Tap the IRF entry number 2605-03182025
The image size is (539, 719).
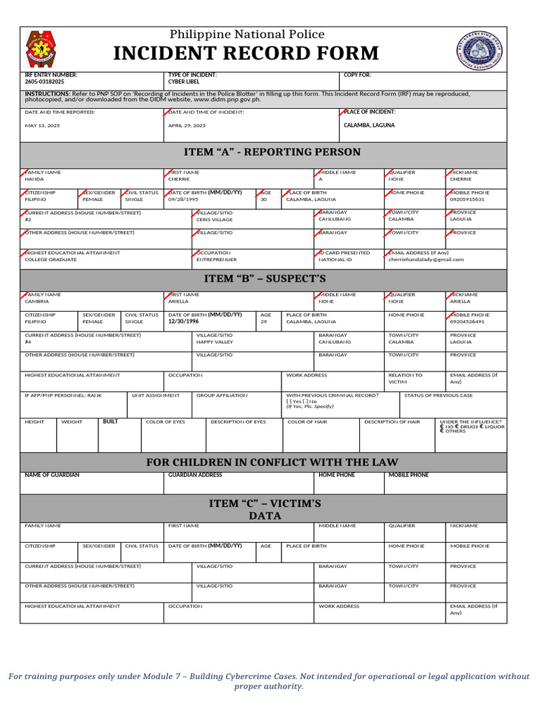[x=44, y=81]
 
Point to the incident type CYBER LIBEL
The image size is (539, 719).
[x=185, y=81]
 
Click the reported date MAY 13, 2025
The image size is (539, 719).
[x=41, y=126]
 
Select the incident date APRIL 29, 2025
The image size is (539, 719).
[x=187, y=126]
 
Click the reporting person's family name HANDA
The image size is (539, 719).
[x=34, y=179]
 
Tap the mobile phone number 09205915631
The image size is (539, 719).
[x=467, y=199]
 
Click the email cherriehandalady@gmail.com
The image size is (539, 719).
[x=426, y=259]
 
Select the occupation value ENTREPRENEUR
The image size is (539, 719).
[x=216, y=259]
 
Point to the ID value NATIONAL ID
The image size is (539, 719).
[x=335, y=259]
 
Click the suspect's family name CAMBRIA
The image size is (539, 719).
[x=37, y=301]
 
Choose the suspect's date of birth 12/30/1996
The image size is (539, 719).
[x=184, y=322]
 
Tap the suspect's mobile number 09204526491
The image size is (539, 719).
[x=467, y=322]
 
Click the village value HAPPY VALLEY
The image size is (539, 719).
[x=215, y=342]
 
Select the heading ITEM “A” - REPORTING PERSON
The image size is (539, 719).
[x=272, y=152]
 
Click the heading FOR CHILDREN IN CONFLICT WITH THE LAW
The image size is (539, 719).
[x=272, y=462]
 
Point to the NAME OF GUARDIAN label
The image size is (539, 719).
[x=52, y=475]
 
